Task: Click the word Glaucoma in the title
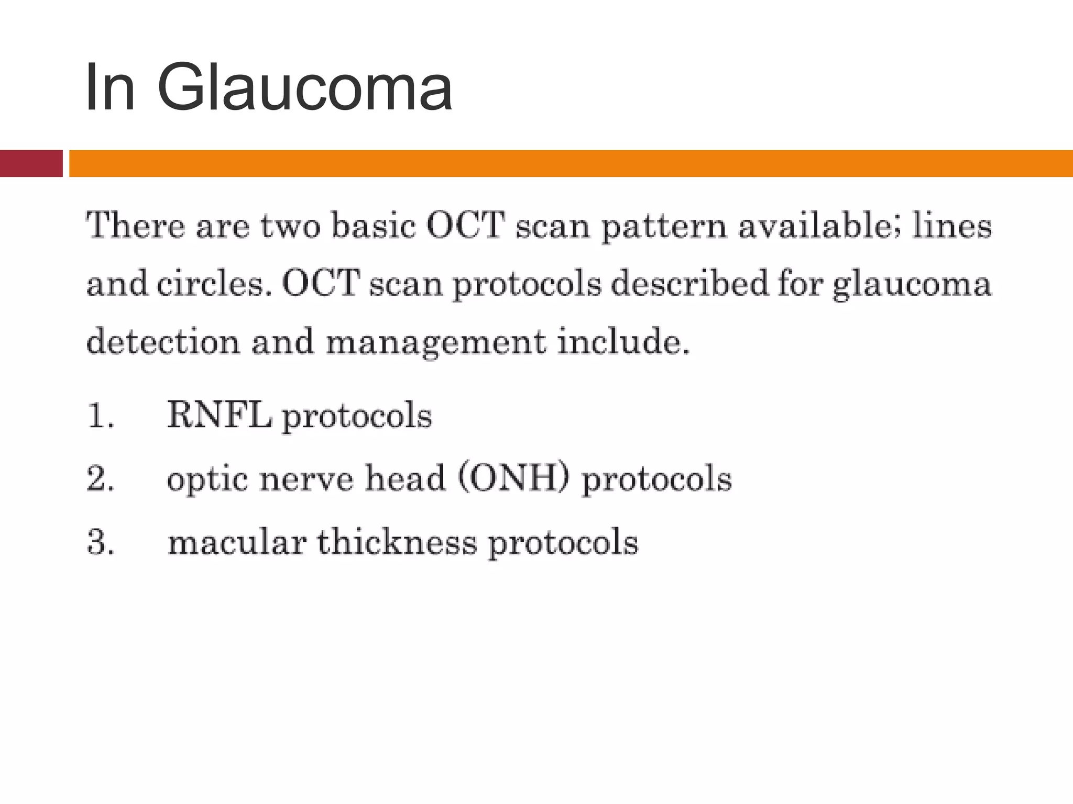304,87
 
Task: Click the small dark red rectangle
31,163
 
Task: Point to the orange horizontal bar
571,163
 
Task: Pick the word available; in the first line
819,226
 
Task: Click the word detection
163,341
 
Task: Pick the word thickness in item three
397,542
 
